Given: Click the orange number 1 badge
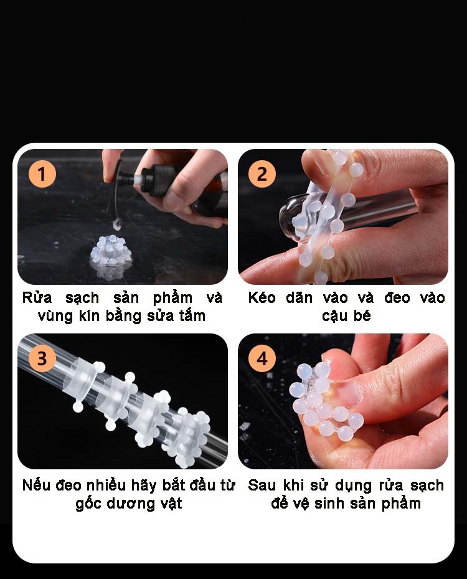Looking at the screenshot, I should pos(42,174).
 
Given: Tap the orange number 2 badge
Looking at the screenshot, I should pos(262,174).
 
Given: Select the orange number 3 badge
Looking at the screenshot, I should pos(42,358).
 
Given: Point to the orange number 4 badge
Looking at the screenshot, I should pos(262,358).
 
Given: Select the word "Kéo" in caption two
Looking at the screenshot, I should pos(262,297).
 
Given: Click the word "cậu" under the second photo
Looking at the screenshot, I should pos(336,316).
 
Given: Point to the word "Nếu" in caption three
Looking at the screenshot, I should pos(36,485).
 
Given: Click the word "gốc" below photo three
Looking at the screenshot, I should pos(90,504).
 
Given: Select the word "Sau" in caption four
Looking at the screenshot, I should pos(261,485).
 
